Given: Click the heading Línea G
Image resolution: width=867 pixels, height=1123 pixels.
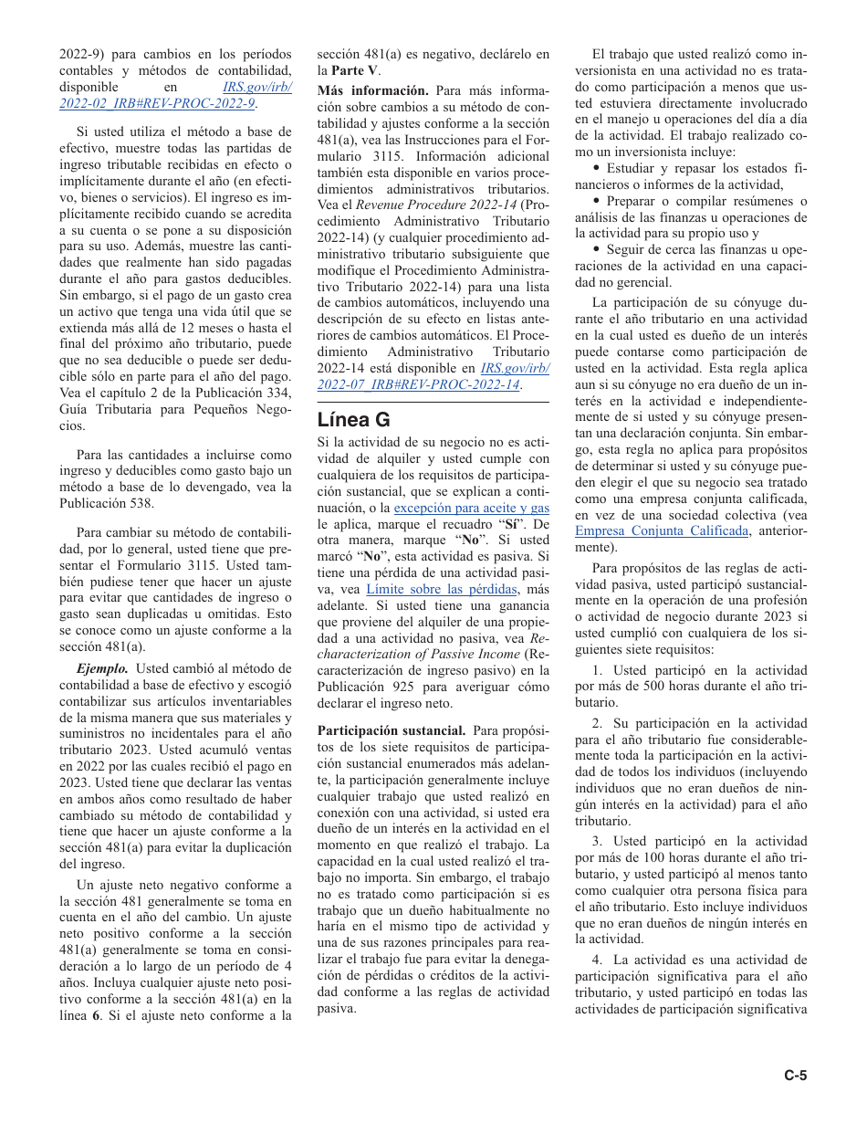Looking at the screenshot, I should [353, 420].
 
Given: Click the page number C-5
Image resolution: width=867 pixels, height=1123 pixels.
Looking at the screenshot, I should [796, 1076].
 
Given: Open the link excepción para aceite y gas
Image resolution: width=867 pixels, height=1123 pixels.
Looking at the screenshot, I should [471, 508].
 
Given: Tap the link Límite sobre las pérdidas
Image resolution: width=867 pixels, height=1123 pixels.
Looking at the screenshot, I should [441, 590].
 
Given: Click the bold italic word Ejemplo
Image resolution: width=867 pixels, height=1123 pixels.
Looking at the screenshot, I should [101, 668].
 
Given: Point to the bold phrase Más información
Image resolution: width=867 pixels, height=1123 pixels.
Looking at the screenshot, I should [372, 90].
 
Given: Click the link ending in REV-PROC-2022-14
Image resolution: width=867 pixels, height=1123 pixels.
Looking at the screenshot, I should [419, 385].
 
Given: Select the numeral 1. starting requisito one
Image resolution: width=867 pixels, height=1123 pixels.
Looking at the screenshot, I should [596, 670].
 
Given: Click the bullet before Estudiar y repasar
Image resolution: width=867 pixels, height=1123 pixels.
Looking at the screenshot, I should [597, 168].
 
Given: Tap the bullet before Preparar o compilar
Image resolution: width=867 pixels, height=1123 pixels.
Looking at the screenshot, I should [597, 201].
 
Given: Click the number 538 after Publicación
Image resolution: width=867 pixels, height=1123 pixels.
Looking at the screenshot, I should [142, 503].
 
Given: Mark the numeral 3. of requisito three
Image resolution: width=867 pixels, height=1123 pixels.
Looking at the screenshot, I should [596, 841].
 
